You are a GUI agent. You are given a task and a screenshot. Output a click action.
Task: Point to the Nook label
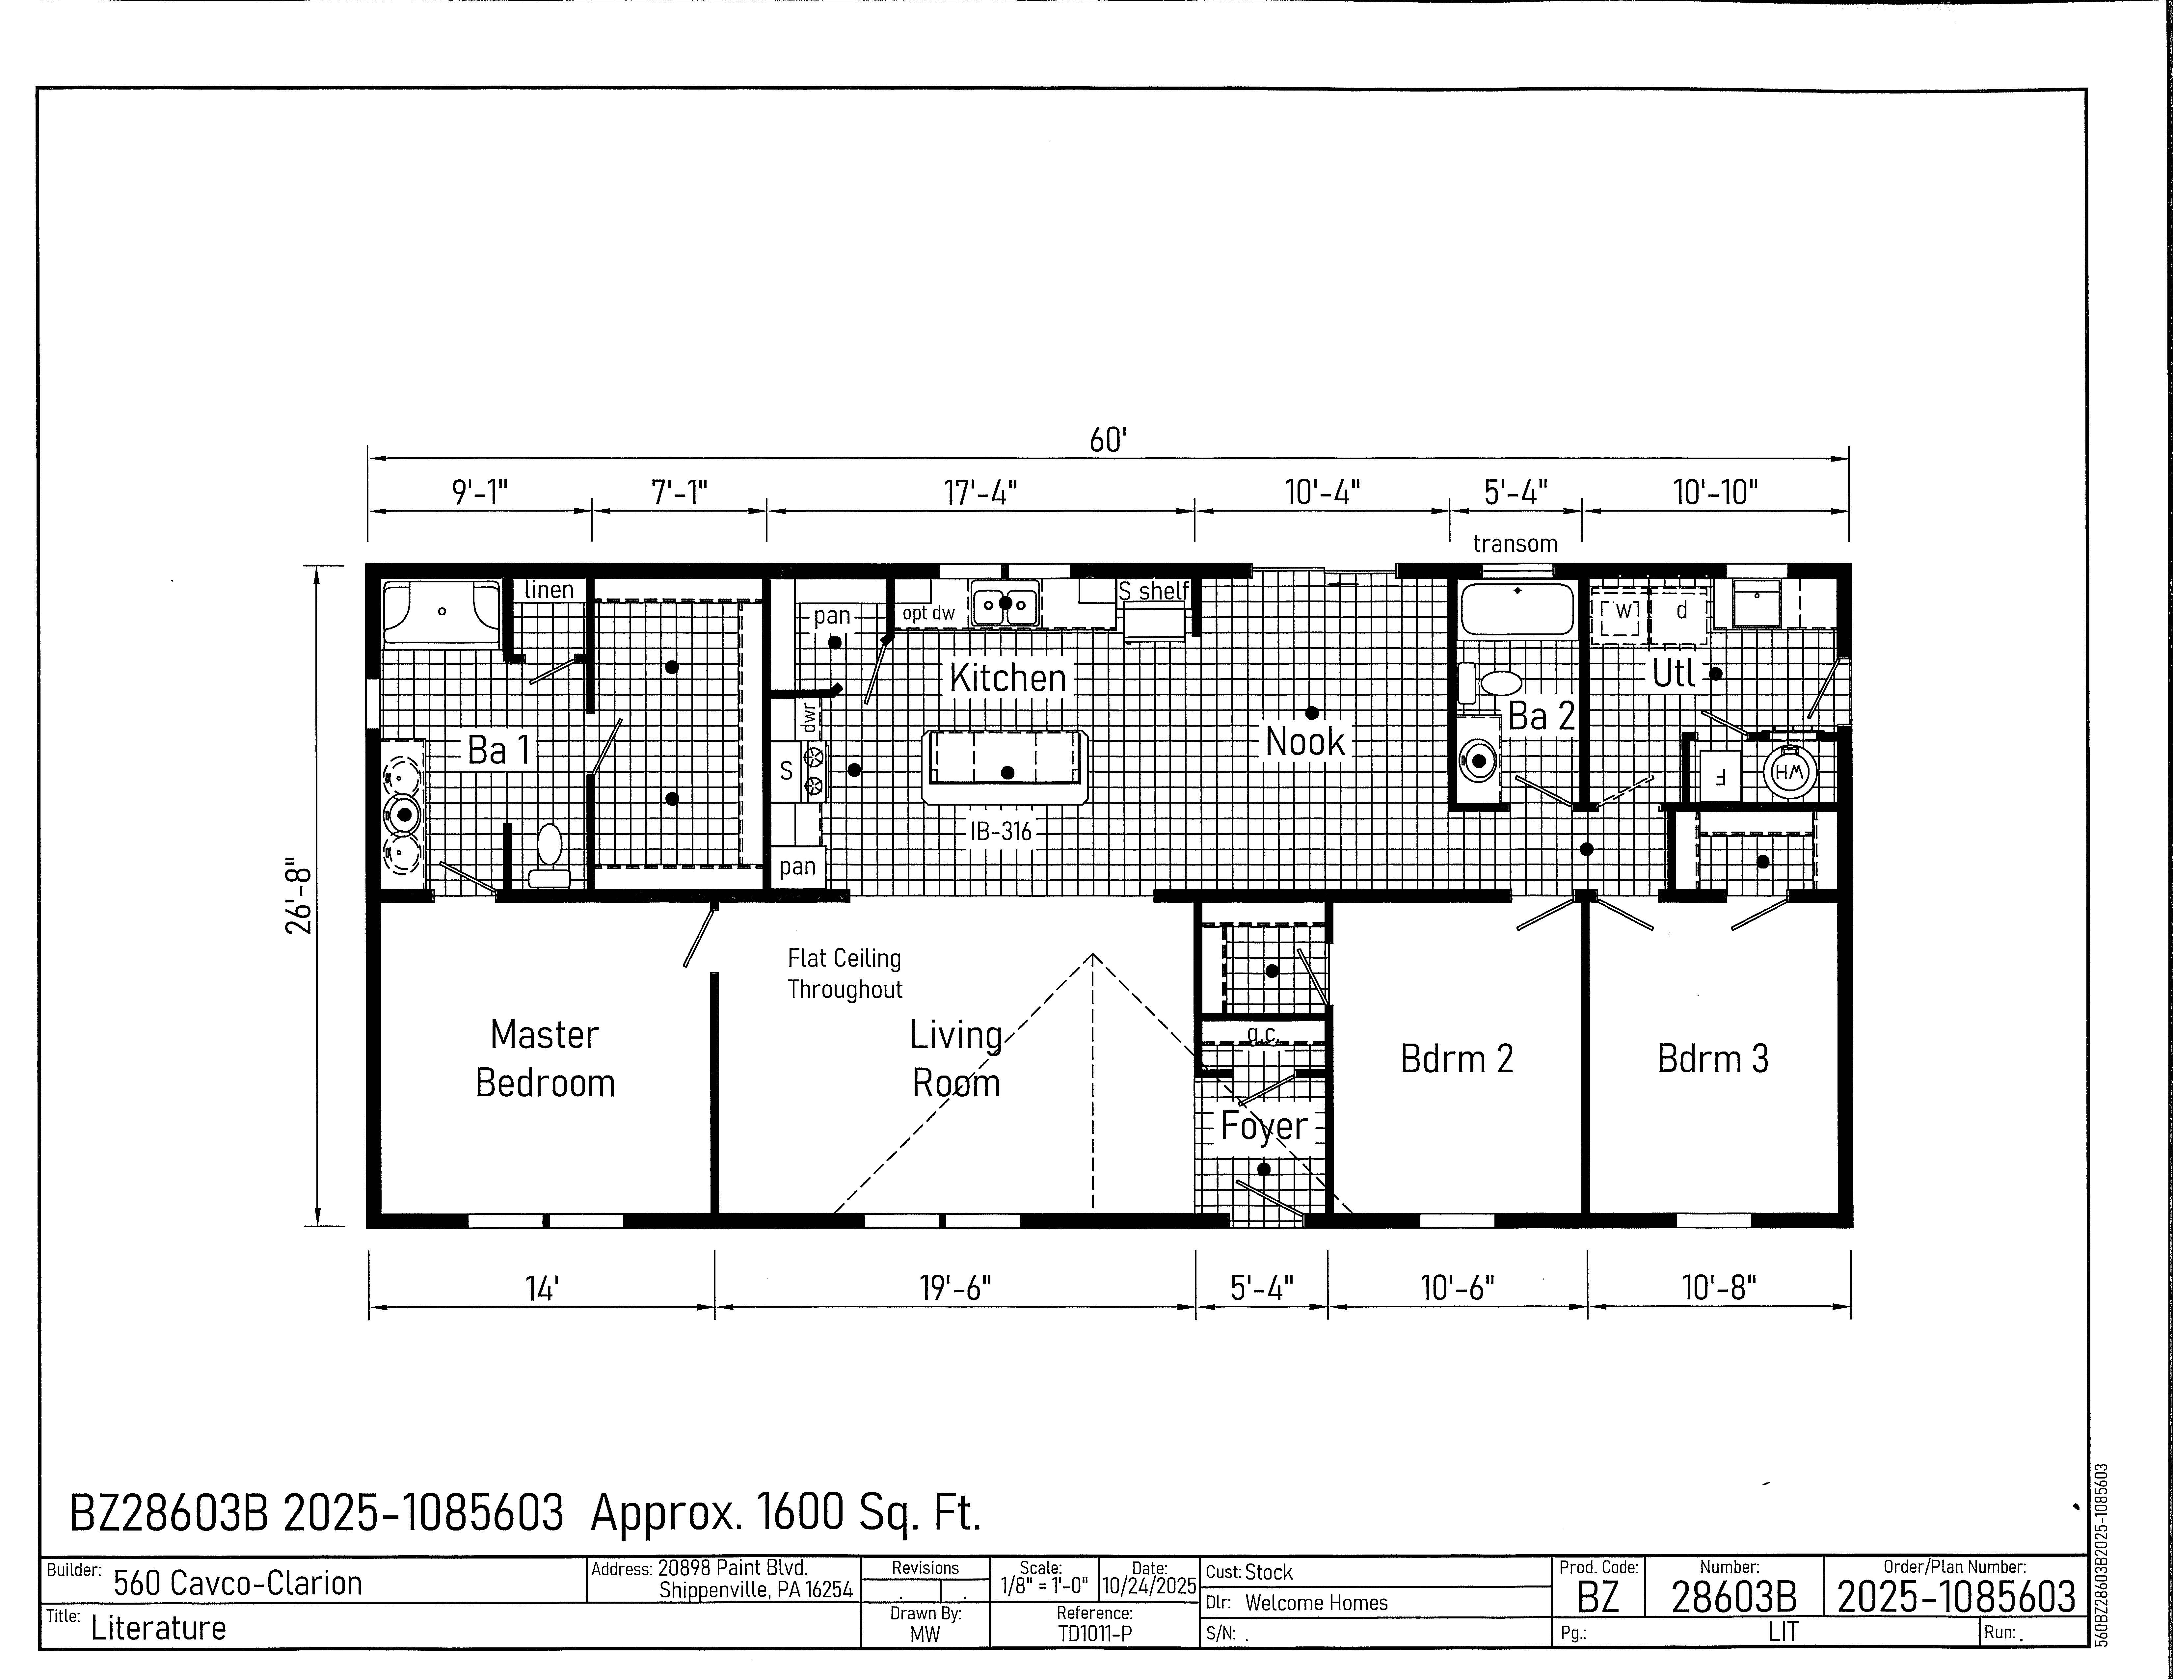point(1304,741)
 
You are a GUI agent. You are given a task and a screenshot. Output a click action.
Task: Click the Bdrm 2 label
point(1457,1058)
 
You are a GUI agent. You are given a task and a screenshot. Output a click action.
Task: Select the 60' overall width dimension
point(1107,440)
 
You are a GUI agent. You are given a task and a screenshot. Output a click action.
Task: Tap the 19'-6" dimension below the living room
point(955,1288)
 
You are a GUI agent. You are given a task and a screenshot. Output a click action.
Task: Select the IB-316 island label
point(1001,831)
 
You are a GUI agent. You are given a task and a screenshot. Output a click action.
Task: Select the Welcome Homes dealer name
point(1316,1602)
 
